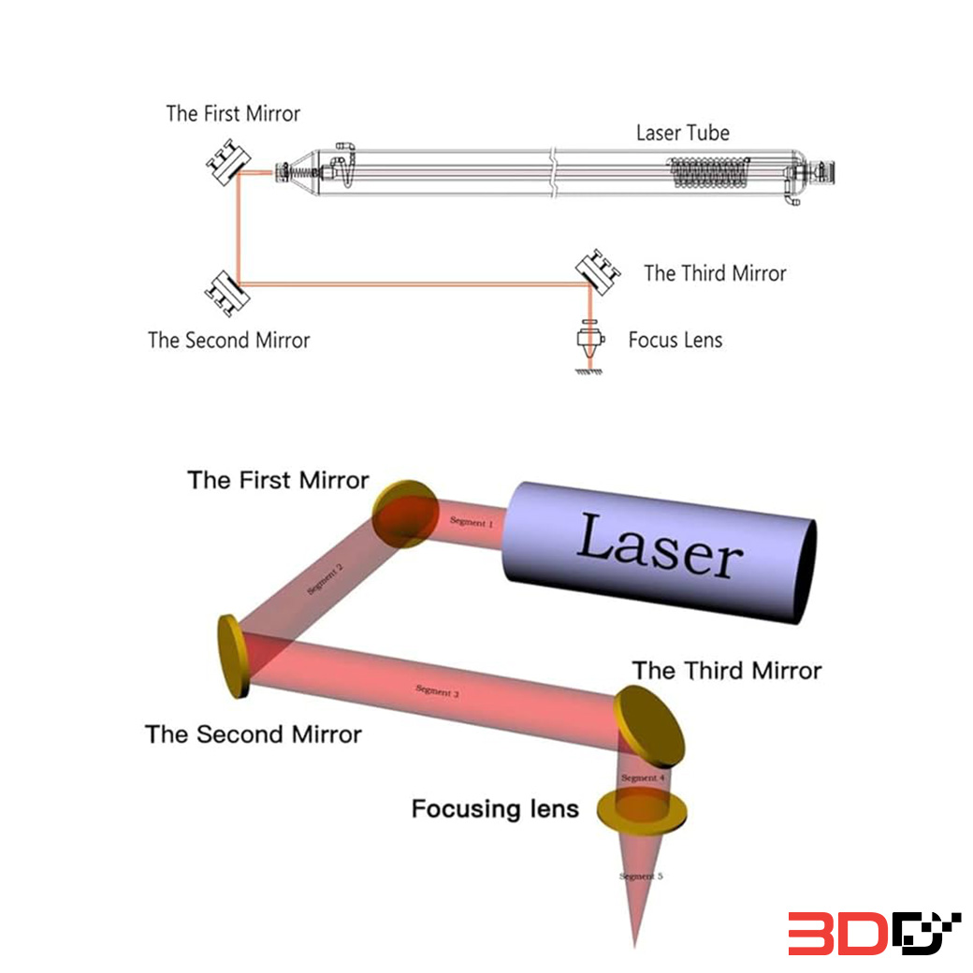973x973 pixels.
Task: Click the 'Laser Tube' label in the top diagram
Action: (682, 133)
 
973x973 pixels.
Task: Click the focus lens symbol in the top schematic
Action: (589, 340)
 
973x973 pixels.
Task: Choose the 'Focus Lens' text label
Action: (675, 340)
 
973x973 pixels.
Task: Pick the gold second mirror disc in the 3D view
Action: (232, 657)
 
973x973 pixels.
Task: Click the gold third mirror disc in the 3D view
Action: (649, 726)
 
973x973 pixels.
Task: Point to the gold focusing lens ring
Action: (642, 810)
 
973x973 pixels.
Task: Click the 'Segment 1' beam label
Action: (471, 522)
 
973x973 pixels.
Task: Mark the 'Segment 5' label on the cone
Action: (641, 877)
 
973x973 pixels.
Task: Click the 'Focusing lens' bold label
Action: (495, 808)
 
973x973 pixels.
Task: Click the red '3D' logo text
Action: (836, 933)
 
